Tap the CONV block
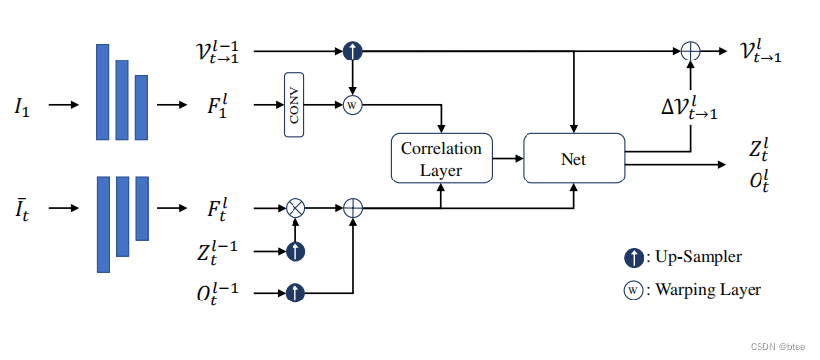point(294,104)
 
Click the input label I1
point(22,105)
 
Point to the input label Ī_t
point(22,208)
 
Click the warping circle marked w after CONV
point(351,104)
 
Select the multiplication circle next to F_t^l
point(294,208)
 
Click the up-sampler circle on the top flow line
point(351,49)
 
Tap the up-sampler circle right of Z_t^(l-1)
point(294,252)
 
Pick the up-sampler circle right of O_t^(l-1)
point(294,293)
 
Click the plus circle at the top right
point(690,49)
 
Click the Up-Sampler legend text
point(695,257)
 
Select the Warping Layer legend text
point(702,290)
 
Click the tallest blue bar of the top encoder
point(102,91)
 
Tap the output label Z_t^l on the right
point(761,148)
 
